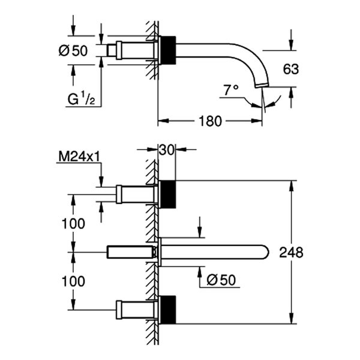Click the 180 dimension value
pyautogui.click(x=209, y=121)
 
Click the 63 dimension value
pyautogui.click(x=290, y=69)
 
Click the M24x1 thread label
pyautogui.click(x=78, y=157)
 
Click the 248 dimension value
pyautogui.click(x=291, y=253)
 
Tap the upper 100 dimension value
pyautogui.click(x=73, y=223)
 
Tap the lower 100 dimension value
pyautogui.click(x=73, y=280)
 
